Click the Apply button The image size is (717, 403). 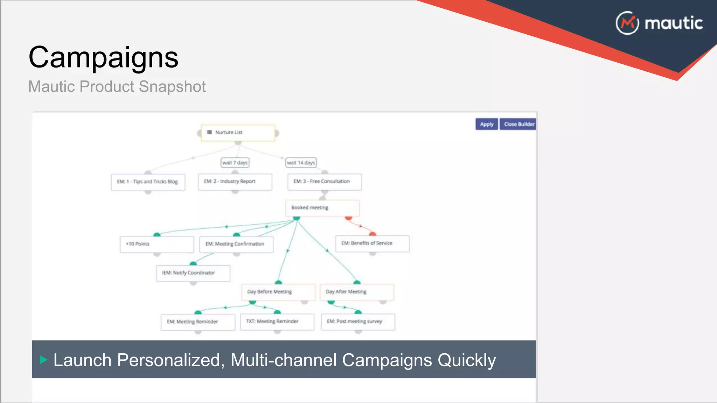(486, 124)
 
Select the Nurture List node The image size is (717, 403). (238, 133)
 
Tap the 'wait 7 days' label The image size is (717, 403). (235, 163)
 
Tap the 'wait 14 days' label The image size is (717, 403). (301, 163)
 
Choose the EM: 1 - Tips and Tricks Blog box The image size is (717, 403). (148, 182)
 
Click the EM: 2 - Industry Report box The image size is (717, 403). (235, 182)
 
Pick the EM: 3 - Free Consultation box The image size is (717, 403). (324, 182)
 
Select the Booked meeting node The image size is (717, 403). (322, 208)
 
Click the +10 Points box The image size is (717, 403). (156, 244)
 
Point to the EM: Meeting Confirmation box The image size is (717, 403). (236, 244)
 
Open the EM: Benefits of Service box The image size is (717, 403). (372, 243)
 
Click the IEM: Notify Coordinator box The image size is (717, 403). (193, 273)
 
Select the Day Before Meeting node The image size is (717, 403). (278, 292)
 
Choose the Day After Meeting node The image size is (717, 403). (356, 292)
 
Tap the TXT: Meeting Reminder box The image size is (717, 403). (277, 321)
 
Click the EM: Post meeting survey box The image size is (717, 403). (358, 321)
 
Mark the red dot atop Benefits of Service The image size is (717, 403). (373, 234)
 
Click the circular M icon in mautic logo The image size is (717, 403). (627, 23)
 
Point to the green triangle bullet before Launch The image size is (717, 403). (43, 360)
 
